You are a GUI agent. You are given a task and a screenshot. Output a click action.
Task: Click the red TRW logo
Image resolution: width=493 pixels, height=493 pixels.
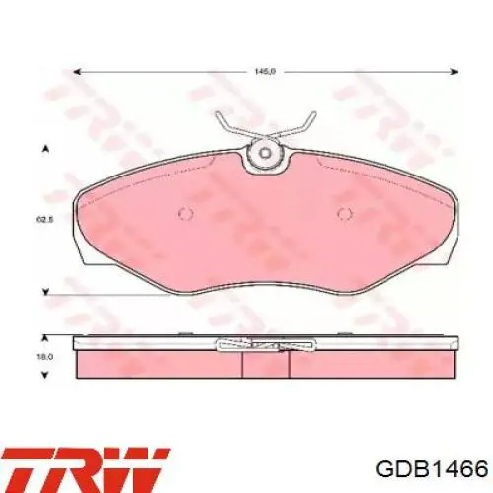coord(85,470)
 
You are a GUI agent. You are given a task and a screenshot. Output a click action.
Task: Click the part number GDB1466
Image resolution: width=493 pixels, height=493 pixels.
coord(431,469)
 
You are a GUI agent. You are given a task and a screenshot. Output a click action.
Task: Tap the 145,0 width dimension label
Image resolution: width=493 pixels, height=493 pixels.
coord(265,71)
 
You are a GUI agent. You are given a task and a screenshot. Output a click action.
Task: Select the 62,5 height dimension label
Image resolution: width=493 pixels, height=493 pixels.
coord(44,219)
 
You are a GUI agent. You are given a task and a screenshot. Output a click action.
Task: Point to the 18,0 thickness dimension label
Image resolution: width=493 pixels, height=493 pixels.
coord(45,357)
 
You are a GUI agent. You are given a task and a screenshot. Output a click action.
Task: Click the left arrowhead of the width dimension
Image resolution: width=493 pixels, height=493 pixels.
coord(76,72)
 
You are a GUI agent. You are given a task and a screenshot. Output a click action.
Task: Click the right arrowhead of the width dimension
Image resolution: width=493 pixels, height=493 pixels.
coord(455,72)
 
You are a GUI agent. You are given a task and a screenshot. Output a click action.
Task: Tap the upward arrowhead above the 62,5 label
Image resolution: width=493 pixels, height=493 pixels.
coord(46,149)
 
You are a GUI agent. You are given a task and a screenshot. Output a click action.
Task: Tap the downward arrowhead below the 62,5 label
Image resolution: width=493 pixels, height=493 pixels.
coord(46,291)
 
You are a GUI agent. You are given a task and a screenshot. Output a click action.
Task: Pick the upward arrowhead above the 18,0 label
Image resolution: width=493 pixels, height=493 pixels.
coord(46,338)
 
